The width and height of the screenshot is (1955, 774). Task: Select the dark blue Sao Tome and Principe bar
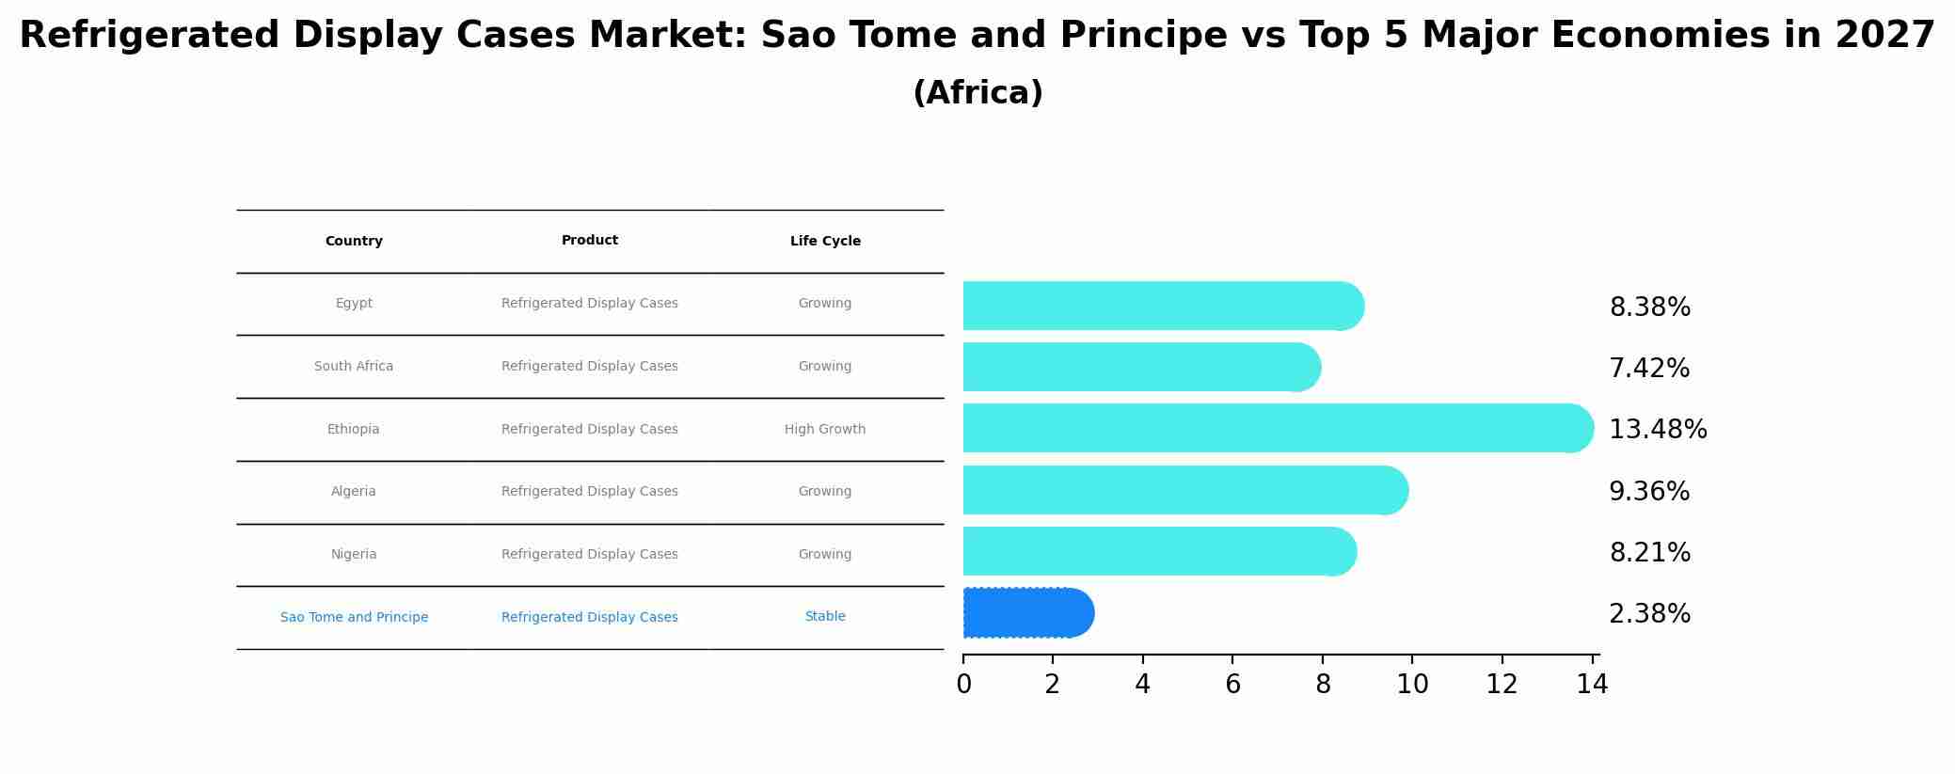coord(1025,613)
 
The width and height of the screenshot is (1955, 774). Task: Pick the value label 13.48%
coord(1658,430)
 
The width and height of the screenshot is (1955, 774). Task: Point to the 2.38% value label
coord(1649,614)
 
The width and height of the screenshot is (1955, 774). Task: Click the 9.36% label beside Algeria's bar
coord(1649,492)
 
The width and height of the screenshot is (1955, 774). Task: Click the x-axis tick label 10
coord(1412,686)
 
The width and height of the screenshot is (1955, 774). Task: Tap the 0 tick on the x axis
coord(963,686)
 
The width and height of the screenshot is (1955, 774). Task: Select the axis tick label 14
coord(1592,686)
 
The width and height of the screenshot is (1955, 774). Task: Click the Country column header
coord(354,242)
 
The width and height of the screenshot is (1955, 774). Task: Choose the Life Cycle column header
coord(825,242)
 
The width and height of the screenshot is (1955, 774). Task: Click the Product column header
coord(590,241)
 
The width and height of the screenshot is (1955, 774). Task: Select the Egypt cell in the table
coord(354,304)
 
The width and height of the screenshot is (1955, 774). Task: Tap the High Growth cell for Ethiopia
coord(825,430)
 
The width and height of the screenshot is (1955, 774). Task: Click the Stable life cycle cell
coord(825,617)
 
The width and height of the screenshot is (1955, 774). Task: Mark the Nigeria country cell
coord(354,555)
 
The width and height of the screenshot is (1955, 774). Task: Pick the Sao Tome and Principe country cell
coord(354,618)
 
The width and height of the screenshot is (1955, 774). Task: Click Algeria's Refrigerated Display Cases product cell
coord(590,492)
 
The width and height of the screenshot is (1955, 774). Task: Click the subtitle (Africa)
coord(977,93)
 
